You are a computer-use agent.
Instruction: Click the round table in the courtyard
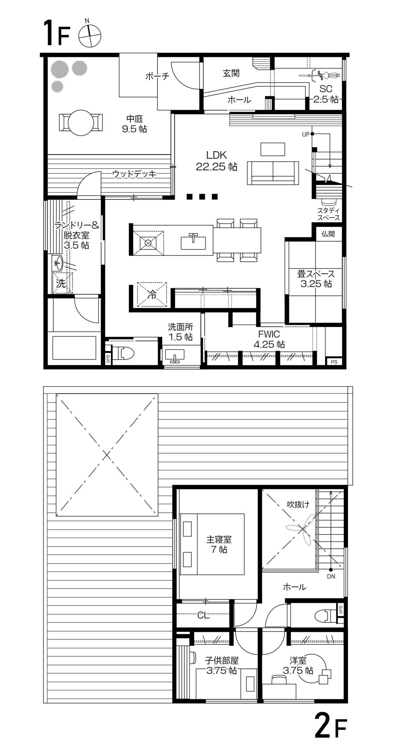pyautogui.click(x=81, y=123)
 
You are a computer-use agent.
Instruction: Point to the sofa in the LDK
pyautogui.click(x=273, y=173)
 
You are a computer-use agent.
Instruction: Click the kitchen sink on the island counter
pyautogui.click(x=193, y=241)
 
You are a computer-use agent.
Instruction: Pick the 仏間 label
pyautogui.click(x=328, y=234)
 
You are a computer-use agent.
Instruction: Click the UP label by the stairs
pyautogui.click(x=306, y=134)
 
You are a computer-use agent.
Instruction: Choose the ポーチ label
pyautogui.click(x=157, y=76)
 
